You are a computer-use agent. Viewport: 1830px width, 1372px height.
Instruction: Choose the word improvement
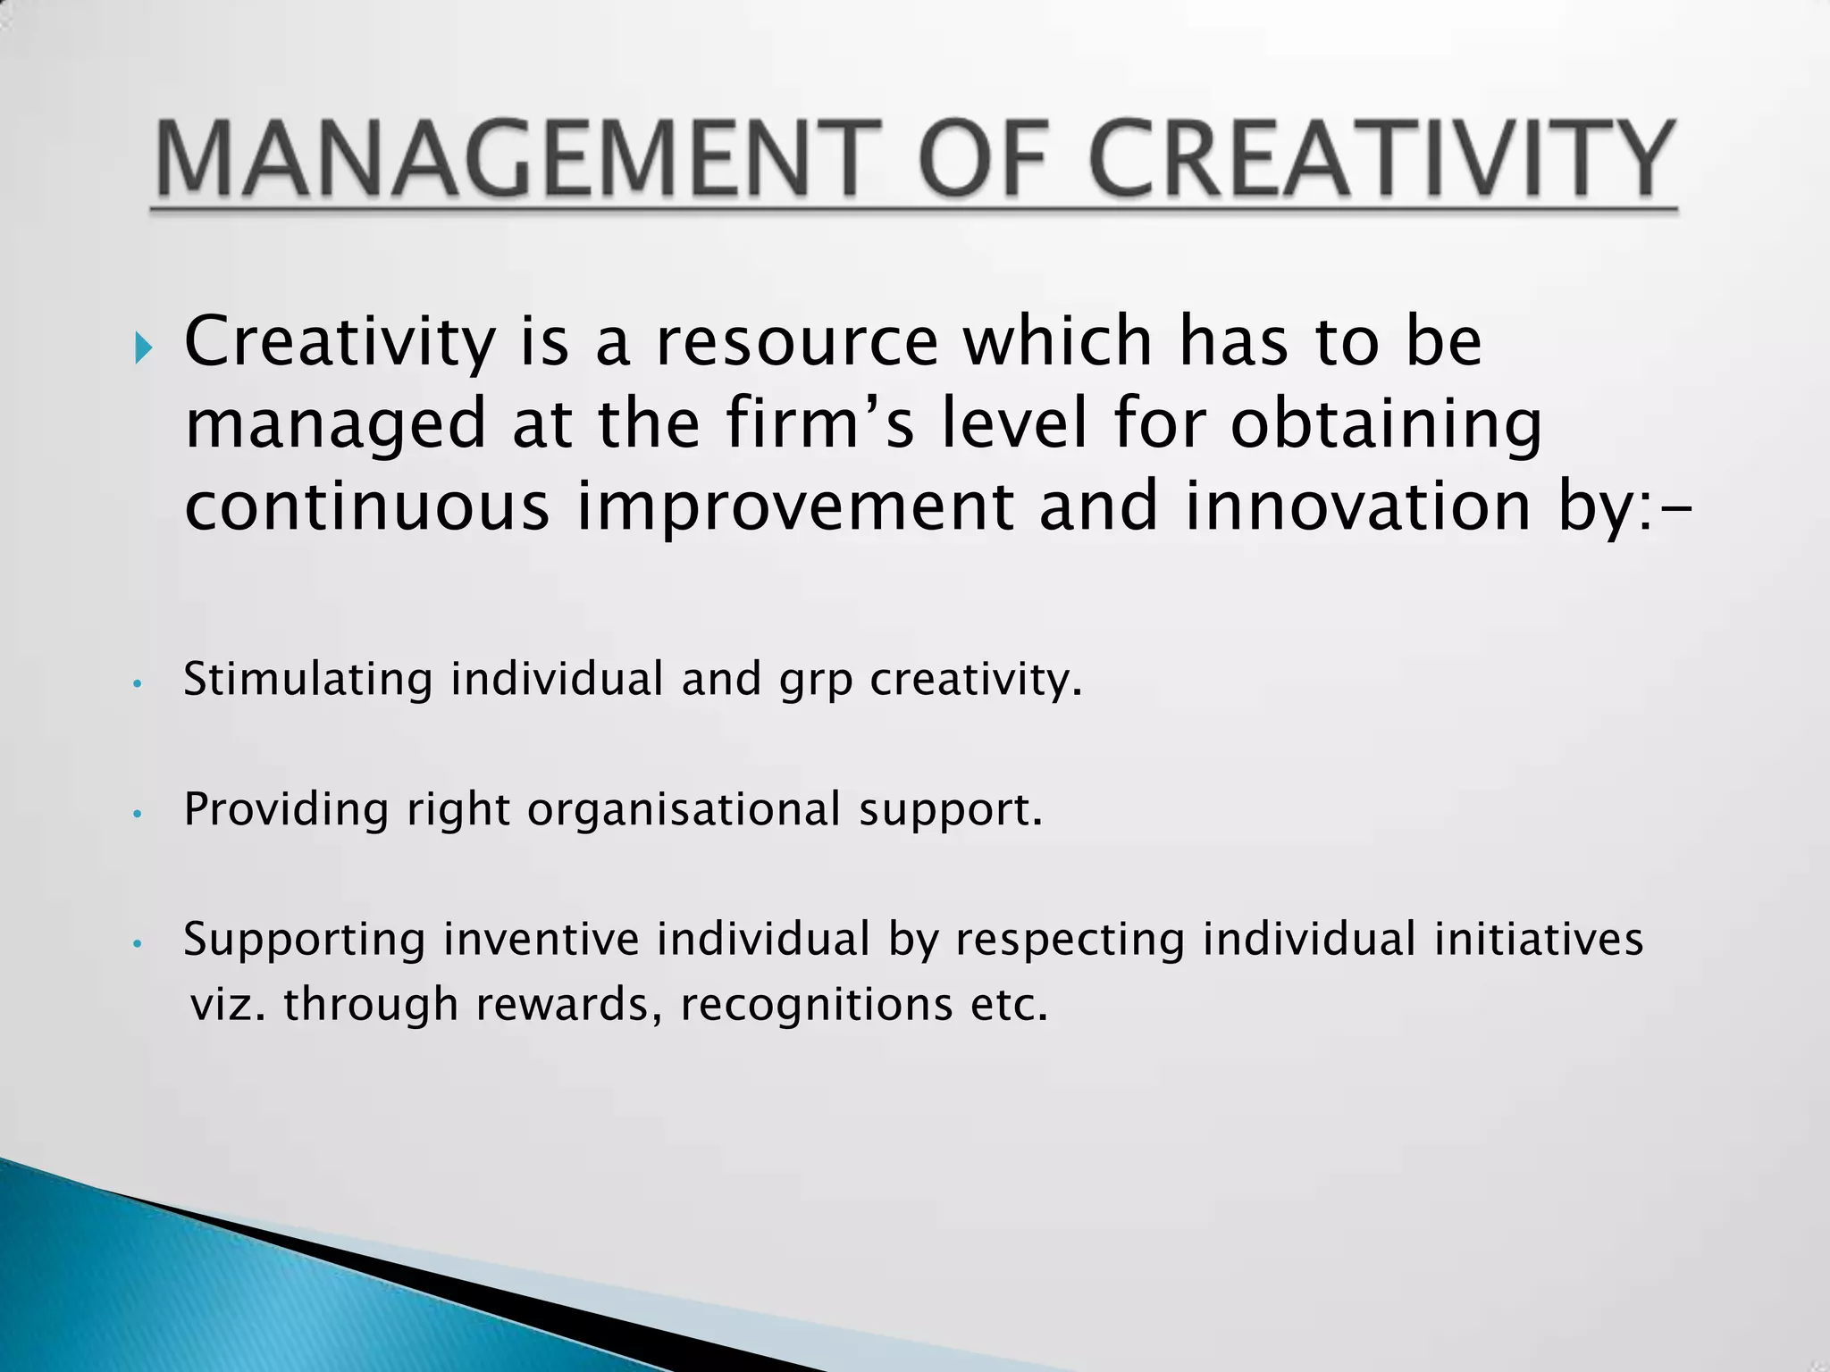pyautogui.click(x=795, y=507)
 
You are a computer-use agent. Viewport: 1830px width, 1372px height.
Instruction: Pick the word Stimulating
pyautogui.click(x=308, y=680)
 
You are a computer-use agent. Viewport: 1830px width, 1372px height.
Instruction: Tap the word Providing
pyautogui.click(x=286, y=810)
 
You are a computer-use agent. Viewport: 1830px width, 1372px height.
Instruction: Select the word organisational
pyautogui.click(x=684, y=810)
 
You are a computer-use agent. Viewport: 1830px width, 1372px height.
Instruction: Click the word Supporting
pyautogui.click(x=304, y=941)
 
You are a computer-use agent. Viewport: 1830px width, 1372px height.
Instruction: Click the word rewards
pyautogui.click(x=568, y=1004)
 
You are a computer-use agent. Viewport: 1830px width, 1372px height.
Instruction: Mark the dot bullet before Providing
pyautogui.click(x=137, y=815)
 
